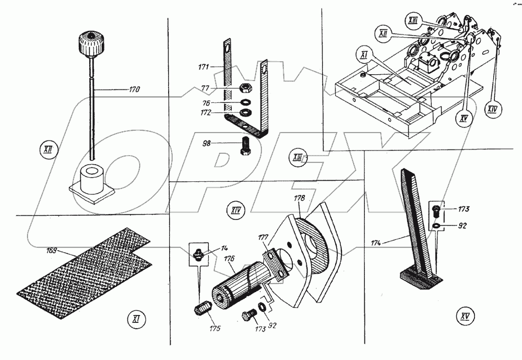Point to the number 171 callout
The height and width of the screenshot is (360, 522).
pyautogui.click(x=204, y=67)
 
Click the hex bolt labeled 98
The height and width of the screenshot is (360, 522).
pyautogui.click(x=246, y=145)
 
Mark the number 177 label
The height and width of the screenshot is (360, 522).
pyautogui.click(x=264, y=237)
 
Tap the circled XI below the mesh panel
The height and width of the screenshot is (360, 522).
pyautogui.click(x=136, y=319)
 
